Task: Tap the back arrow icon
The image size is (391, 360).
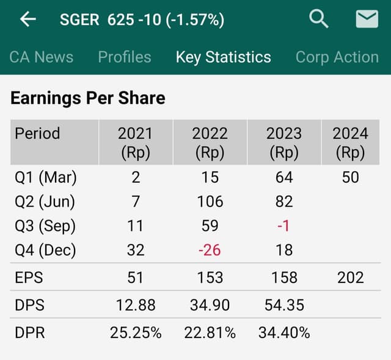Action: tap(28, 20)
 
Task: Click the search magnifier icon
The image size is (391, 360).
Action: tap(319, 20)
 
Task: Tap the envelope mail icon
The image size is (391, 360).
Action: tap(367, 20)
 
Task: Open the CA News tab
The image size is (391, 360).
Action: tap(42, 57)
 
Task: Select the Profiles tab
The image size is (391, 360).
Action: tap(125, 57)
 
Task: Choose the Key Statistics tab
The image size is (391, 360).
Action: tap(223, 57)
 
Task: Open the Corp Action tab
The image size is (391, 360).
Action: tap(337, 57)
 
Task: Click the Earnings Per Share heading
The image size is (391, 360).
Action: tap(88, 98)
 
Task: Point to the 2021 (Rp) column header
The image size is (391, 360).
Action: tap(136, 142)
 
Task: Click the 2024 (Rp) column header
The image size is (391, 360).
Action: tap(350, 142)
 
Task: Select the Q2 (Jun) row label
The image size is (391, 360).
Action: tap(45, 201)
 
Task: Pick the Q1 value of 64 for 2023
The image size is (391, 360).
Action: tap(284, 177)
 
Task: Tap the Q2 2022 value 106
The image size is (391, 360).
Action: tap(210, 201)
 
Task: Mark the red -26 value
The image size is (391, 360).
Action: tap(210, 249)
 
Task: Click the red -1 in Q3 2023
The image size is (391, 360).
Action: tap(283, 226)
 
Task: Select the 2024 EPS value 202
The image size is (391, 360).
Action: tap(350, 277)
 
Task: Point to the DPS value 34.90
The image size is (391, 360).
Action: tap(210, 305)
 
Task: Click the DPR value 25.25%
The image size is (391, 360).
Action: tap(136, 332)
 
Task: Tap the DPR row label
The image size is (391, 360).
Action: tap(30, 332)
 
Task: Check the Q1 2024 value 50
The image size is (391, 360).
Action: tap(350, 177)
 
